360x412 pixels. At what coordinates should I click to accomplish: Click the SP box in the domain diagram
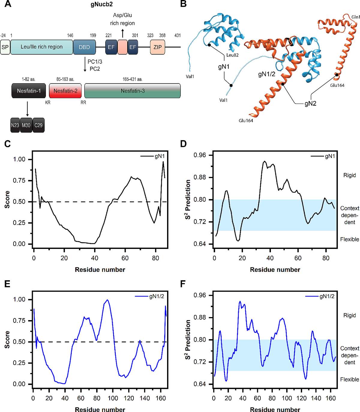(5, 47)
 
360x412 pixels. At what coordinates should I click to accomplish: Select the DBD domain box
(85, 47)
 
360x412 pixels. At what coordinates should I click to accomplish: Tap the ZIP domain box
(157, 47)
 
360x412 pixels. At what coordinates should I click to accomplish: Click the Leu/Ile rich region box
(42, 47)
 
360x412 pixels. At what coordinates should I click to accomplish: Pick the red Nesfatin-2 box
(65, 91)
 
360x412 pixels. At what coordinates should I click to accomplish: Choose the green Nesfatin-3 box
(132, 91)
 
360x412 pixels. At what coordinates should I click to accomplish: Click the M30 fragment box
(26, 125)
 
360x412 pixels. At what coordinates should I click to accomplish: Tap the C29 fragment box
(38, 125)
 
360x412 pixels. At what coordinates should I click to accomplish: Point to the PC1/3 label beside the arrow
(95, 62)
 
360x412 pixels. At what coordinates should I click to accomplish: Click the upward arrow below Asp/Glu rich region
(123, 33)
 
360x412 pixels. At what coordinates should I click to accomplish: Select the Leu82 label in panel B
(232, 55)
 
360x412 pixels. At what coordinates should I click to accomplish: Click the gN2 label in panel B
(310, 104)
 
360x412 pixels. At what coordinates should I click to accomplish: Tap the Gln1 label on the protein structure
(355, 17)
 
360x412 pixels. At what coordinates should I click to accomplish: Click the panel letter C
(7, 144)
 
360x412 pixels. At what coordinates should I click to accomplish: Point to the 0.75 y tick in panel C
(19, 180)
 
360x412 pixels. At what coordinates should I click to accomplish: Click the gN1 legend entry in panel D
(323, 156)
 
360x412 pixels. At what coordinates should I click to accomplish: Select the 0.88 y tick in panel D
(200, 177)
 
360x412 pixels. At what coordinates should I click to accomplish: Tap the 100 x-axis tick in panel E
(113, 398)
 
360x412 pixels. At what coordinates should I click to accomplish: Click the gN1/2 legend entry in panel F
(320, 296)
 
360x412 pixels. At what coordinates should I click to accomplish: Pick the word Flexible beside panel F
(349, 379)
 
